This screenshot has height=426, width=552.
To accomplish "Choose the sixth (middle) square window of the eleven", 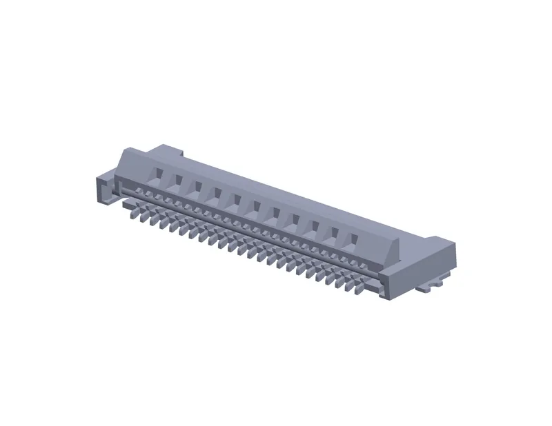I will pyautogui.click(x=256, y=206).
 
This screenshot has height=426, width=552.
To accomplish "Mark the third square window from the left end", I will pyautogui.click(x=197, y=186).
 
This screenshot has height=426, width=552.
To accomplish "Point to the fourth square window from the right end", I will pyautogui.click(x=295, y=220).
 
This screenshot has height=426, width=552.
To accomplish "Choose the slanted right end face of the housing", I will pyautogui.click(x=394, y=250).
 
